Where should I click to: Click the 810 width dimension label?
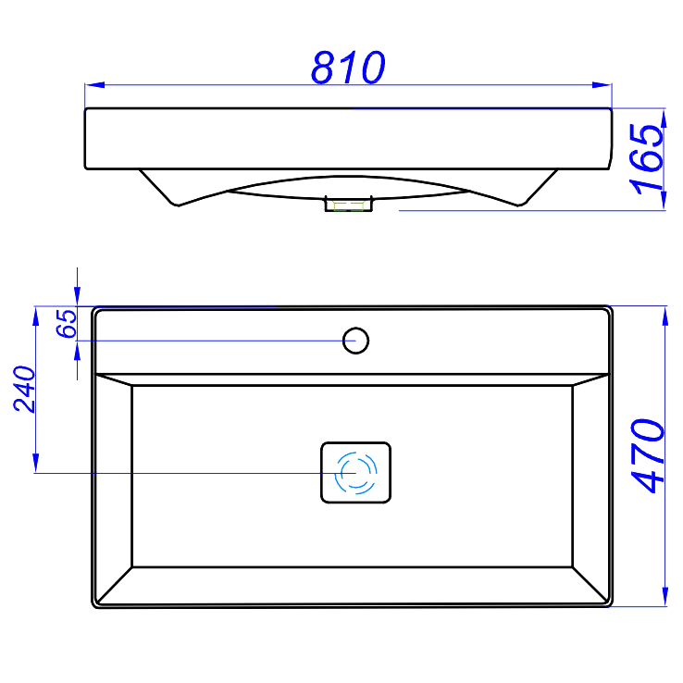[348, 67]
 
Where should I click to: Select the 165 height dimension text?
[647, 158]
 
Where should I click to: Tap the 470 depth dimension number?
[648, 456]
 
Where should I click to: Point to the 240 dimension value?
[24, 389]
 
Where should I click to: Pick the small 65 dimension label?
[67, 323]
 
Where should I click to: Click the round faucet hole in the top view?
[356, 341]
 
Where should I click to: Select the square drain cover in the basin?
[356, 473]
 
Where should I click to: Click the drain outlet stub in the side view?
[349, 204]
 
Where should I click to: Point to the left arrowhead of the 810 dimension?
[94, 84]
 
